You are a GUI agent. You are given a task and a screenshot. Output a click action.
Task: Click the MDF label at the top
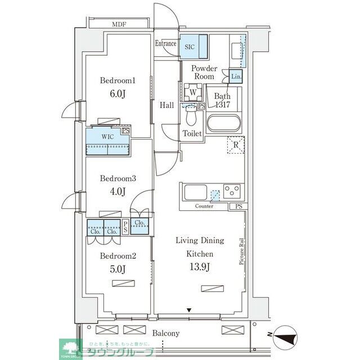point(119,24)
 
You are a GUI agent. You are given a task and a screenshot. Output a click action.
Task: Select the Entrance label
point(166,44)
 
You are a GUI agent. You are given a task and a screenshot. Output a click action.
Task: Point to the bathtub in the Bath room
point(223,123)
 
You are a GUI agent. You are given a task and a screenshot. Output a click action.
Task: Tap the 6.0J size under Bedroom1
point(118,93)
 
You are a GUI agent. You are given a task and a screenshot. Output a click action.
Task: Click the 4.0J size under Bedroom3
point(118,191)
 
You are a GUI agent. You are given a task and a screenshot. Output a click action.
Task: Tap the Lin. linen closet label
point(236,76)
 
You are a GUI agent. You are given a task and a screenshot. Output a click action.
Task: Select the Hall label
point(166,105)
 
